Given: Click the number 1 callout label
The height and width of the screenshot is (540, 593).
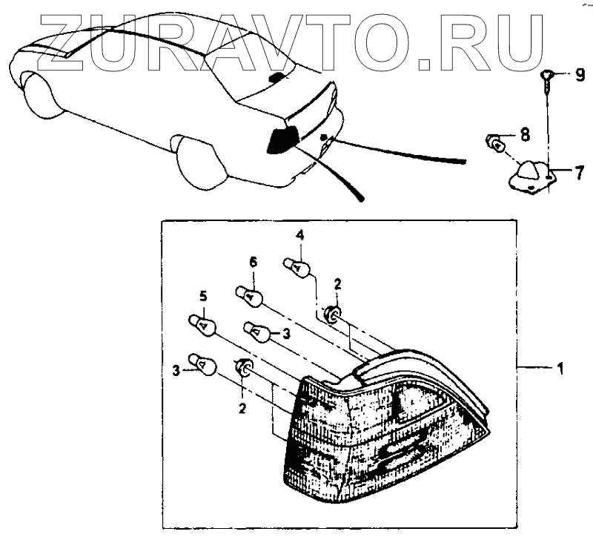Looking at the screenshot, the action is coord(560,367).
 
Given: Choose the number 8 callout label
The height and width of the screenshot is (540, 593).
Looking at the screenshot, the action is coord(525,134).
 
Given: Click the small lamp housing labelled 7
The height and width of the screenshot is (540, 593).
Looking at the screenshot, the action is coord(528,174).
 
